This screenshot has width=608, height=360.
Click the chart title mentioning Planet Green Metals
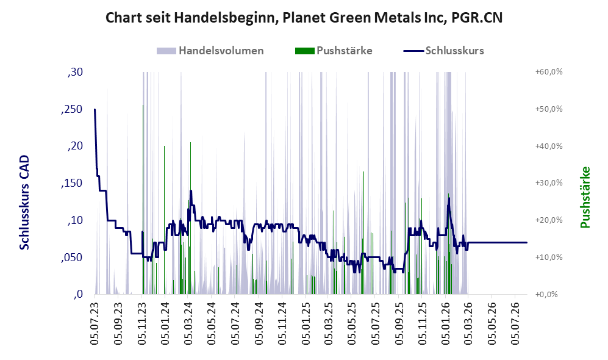304,18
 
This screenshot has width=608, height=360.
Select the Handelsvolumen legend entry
210,51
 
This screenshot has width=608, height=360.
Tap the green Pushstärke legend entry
334,51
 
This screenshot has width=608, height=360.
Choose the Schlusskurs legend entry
443,51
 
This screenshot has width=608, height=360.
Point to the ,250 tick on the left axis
72,110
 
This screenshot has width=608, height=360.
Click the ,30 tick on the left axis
75,73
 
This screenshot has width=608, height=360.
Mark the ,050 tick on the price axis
72,258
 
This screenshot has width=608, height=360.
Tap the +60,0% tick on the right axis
549,72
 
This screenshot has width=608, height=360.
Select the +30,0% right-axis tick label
549,183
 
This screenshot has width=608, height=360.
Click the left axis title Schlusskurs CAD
24,202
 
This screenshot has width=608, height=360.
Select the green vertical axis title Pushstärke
585,198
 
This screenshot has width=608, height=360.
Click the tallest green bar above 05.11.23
143,200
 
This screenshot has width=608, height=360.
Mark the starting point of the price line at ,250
95,109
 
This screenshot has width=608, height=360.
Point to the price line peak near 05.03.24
191,190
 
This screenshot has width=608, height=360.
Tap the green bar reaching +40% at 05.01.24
165,220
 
